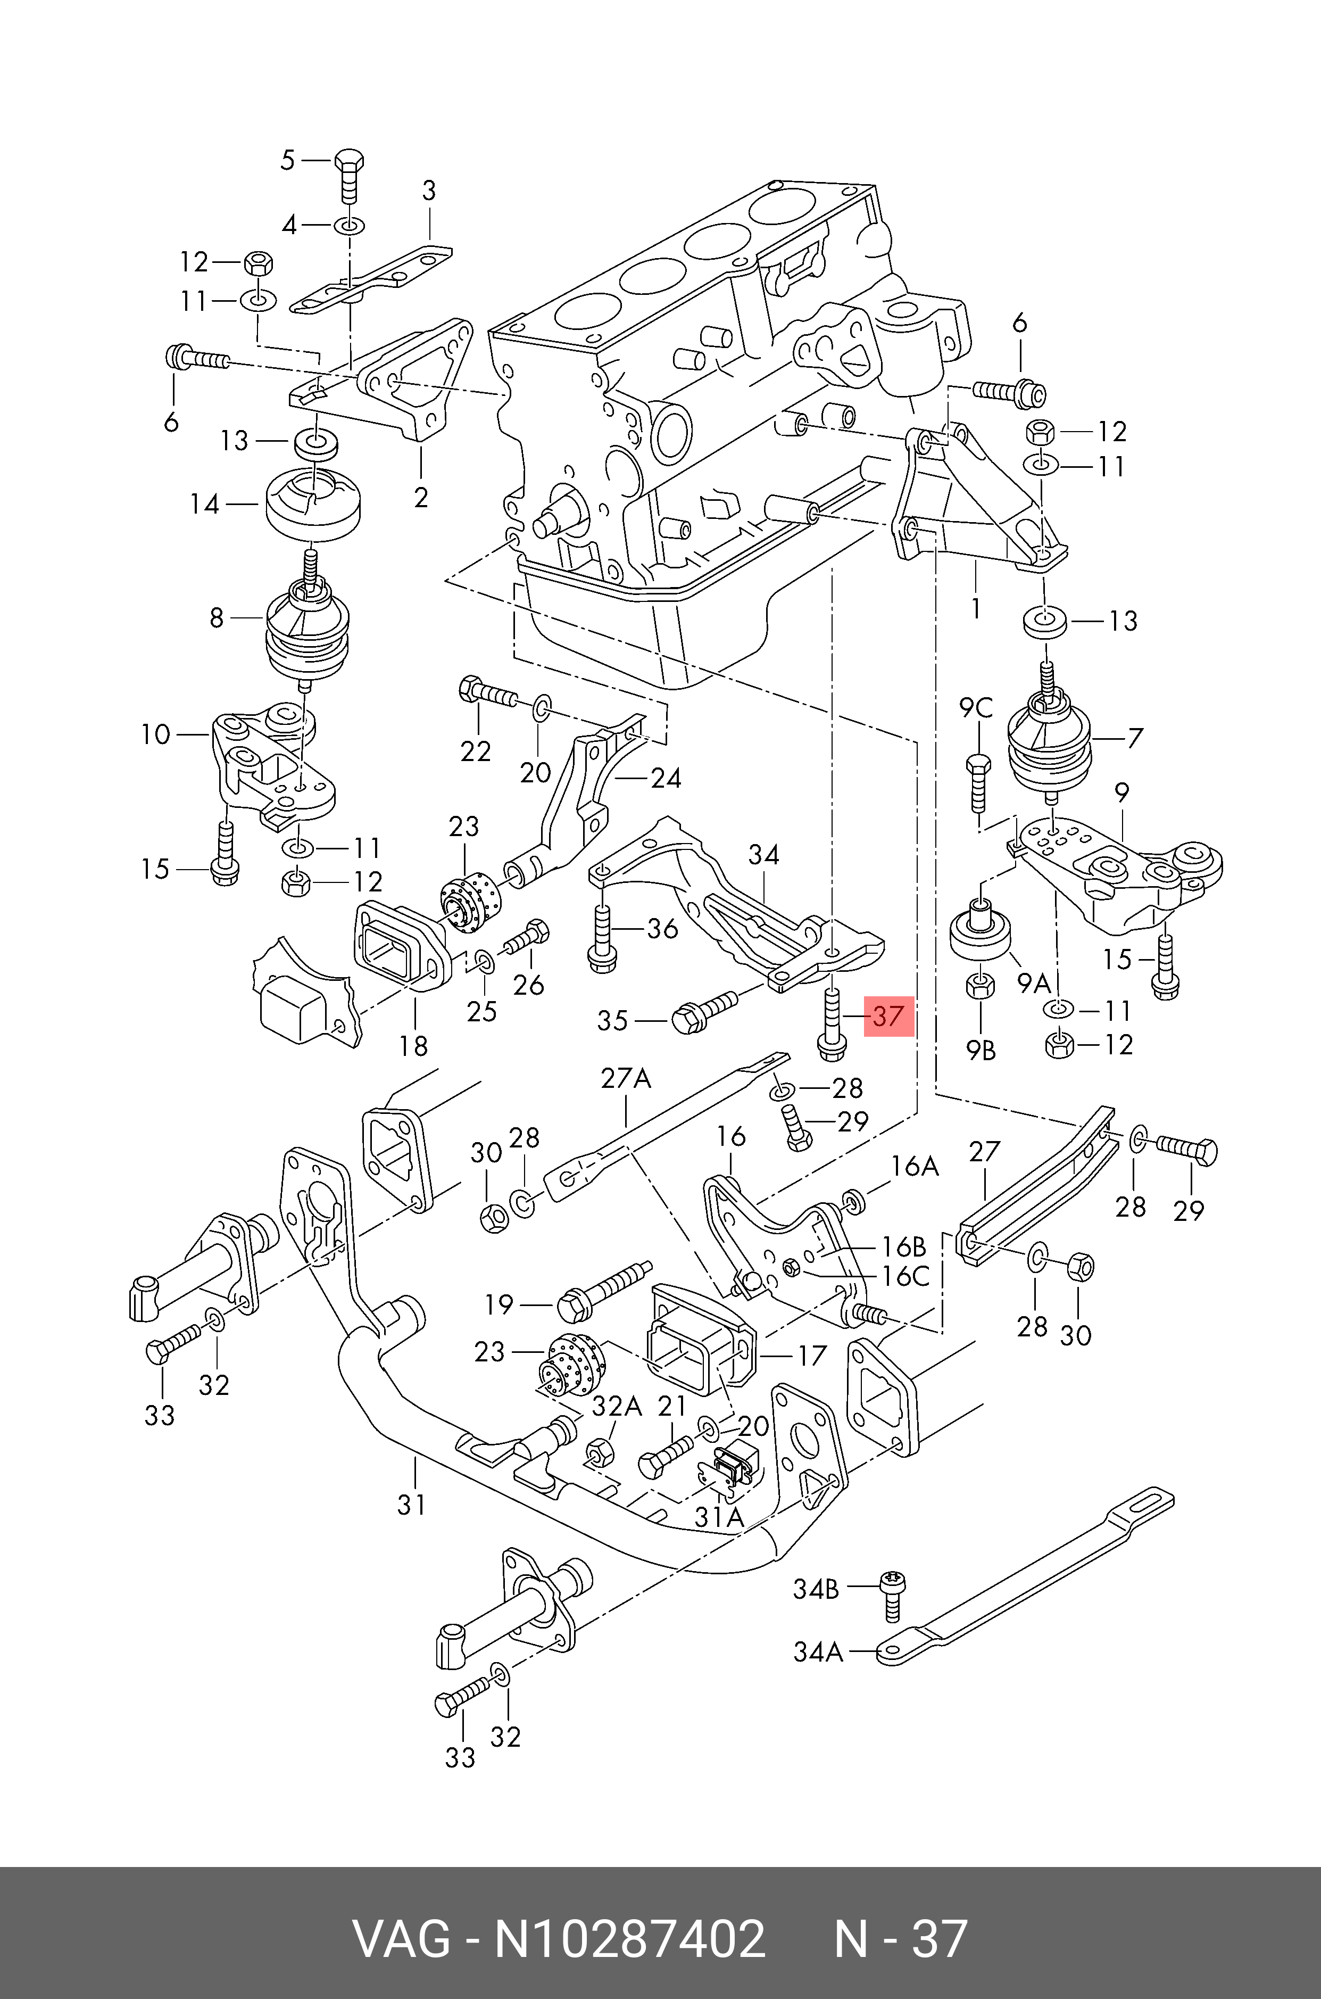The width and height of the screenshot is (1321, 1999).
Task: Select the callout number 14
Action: point(205,504)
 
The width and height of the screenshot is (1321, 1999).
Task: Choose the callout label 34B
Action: point(816,1589)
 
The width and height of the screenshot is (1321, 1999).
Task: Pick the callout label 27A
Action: point(626,1078)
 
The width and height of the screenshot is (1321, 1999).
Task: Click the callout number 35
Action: point(612,1021)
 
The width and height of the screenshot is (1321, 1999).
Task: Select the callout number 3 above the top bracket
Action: point(429,191)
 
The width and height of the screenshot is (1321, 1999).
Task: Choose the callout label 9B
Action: point(982,1050)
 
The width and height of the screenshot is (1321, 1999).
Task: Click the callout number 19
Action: point(499,1304)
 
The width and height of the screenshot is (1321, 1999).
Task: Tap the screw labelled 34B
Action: point(891,1595)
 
